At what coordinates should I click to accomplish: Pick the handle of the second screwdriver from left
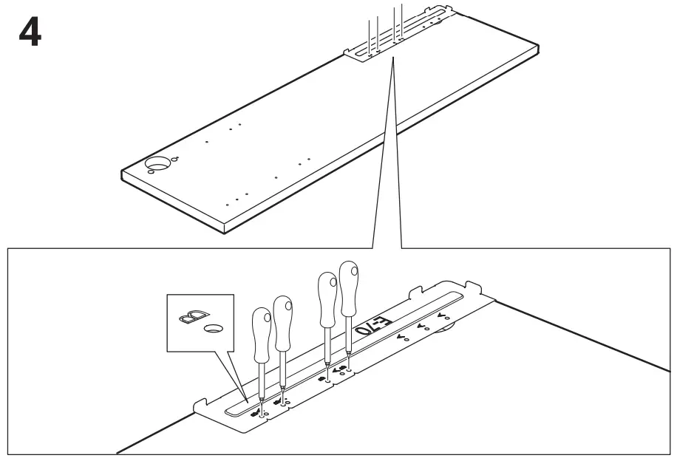pyautogui.click(x=283, y=313)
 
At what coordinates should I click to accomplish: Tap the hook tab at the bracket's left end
pyautogui.click(x=199, y=404)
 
